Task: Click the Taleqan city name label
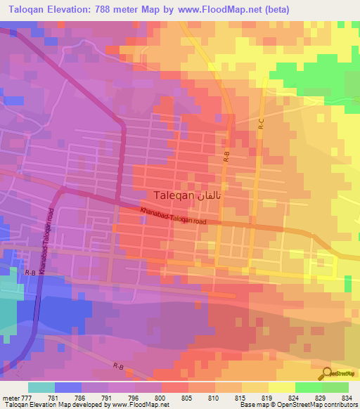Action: point(172,197)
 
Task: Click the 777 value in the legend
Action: point(28,397)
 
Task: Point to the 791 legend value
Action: point(108,397)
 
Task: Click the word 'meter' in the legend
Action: point(11,397)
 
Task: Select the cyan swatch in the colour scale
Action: point(41,387)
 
